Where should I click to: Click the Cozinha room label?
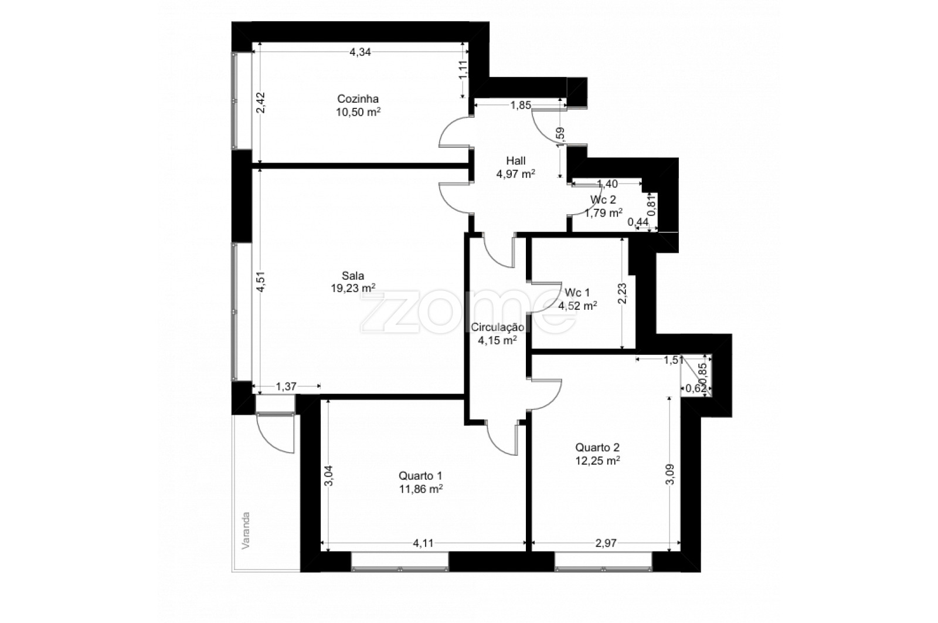click(x=358, y=99)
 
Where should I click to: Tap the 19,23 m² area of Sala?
click(x=353, y=288)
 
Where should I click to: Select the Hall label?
click(x=515, y=161)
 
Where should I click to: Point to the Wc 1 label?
click(x=577, y=293)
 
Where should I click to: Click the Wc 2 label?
click(x=603, y=200)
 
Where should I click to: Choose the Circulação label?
click(x=498, y=327)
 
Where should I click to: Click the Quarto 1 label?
click(x=420, y=476)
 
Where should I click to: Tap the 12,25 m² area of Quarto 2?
click(x=597, y=461)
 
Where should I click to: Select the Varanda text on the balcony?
click(x=246, y=530)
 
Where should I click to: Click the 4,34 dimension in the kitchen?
click(x=360, y=52)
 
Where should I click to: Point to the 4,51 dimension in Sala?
click(x=261, y=282)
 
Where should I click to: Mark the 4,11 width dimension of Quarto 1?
click(x=423, y=543)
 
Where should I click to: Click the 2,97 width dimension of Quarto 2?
click(x=606, y=543)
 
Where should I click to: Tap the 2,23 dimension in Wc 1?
click(x=623, y=293)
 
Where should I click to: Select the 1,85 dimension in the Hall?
click(x=521, y=105)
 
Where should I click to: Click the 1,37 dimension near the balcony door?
click(x=287, y=387)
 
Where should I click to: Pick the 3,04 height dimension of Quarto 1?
click(x=329, y=476)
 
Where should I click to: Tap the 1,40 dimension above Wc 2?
click(x=607, y=184)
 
